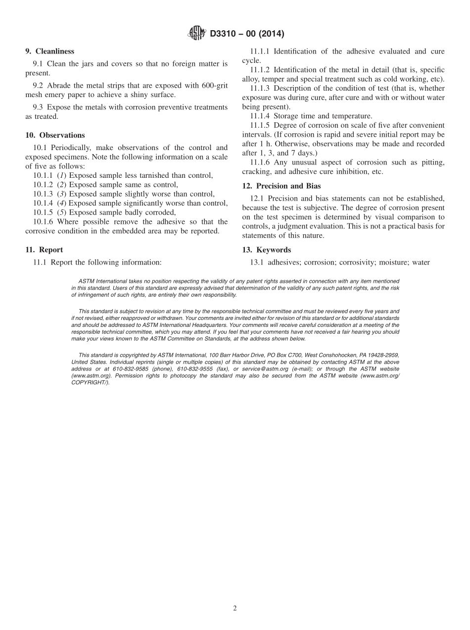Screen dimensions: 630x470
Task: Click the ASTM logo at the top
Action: [x=196, y=33]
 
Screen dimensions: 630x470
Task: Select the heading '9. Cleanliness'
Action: [x=49, y=51]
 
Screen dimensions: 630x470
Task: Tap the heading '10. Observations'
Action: [x=55, y=135]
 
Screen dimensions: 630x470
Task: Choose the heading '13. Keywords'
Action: [x=271, y=250]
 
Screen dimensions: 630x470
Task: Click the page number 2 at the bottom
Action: [x=235, y=609]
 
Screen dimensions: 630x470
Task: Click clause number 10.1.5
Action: [x=44, y=212]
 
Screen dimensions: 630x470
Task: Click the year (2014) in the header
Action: [x=270, y=34]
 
